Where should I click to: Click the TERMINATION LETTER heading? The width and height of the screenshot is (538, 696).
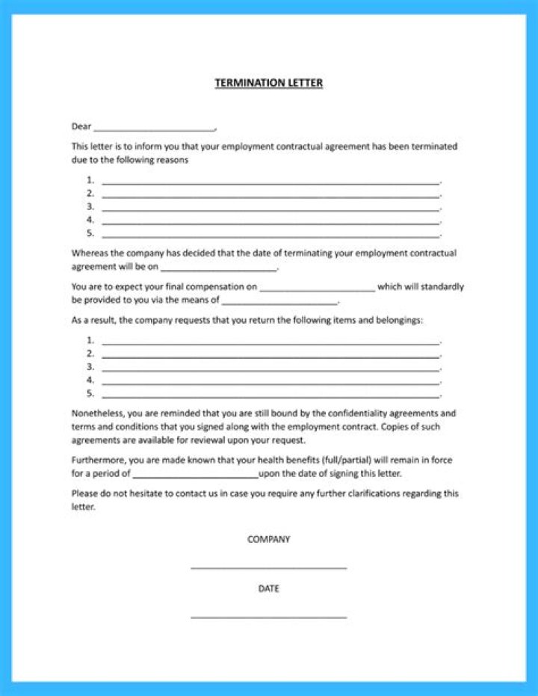[268, 83]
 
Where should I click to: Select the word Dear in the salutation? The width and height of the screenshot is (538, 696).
[81, 126]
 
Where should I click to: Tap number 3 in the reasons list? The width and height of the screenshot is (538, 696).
[90, 206]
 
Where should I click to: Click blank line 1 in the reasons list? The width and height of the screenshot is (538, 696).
[270, 182]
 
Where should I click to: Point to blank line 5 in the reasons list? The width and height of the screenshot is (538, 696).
[270, 236]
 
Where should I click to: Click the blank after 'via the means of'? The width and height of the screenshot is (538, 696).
[280, 303]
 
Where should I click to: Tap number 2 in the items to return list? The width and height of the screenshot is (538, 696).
[90, 354]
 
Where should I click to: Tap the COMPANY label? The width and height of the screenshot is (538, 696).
[268, 539]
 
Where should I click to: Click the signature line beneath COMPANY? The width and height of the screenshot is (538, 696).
[268, 568]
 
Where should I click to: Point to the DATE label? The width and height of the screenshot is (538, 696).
[268, 588]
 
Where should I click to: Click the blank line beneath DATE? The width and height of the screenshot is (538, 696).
[268, 618]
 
